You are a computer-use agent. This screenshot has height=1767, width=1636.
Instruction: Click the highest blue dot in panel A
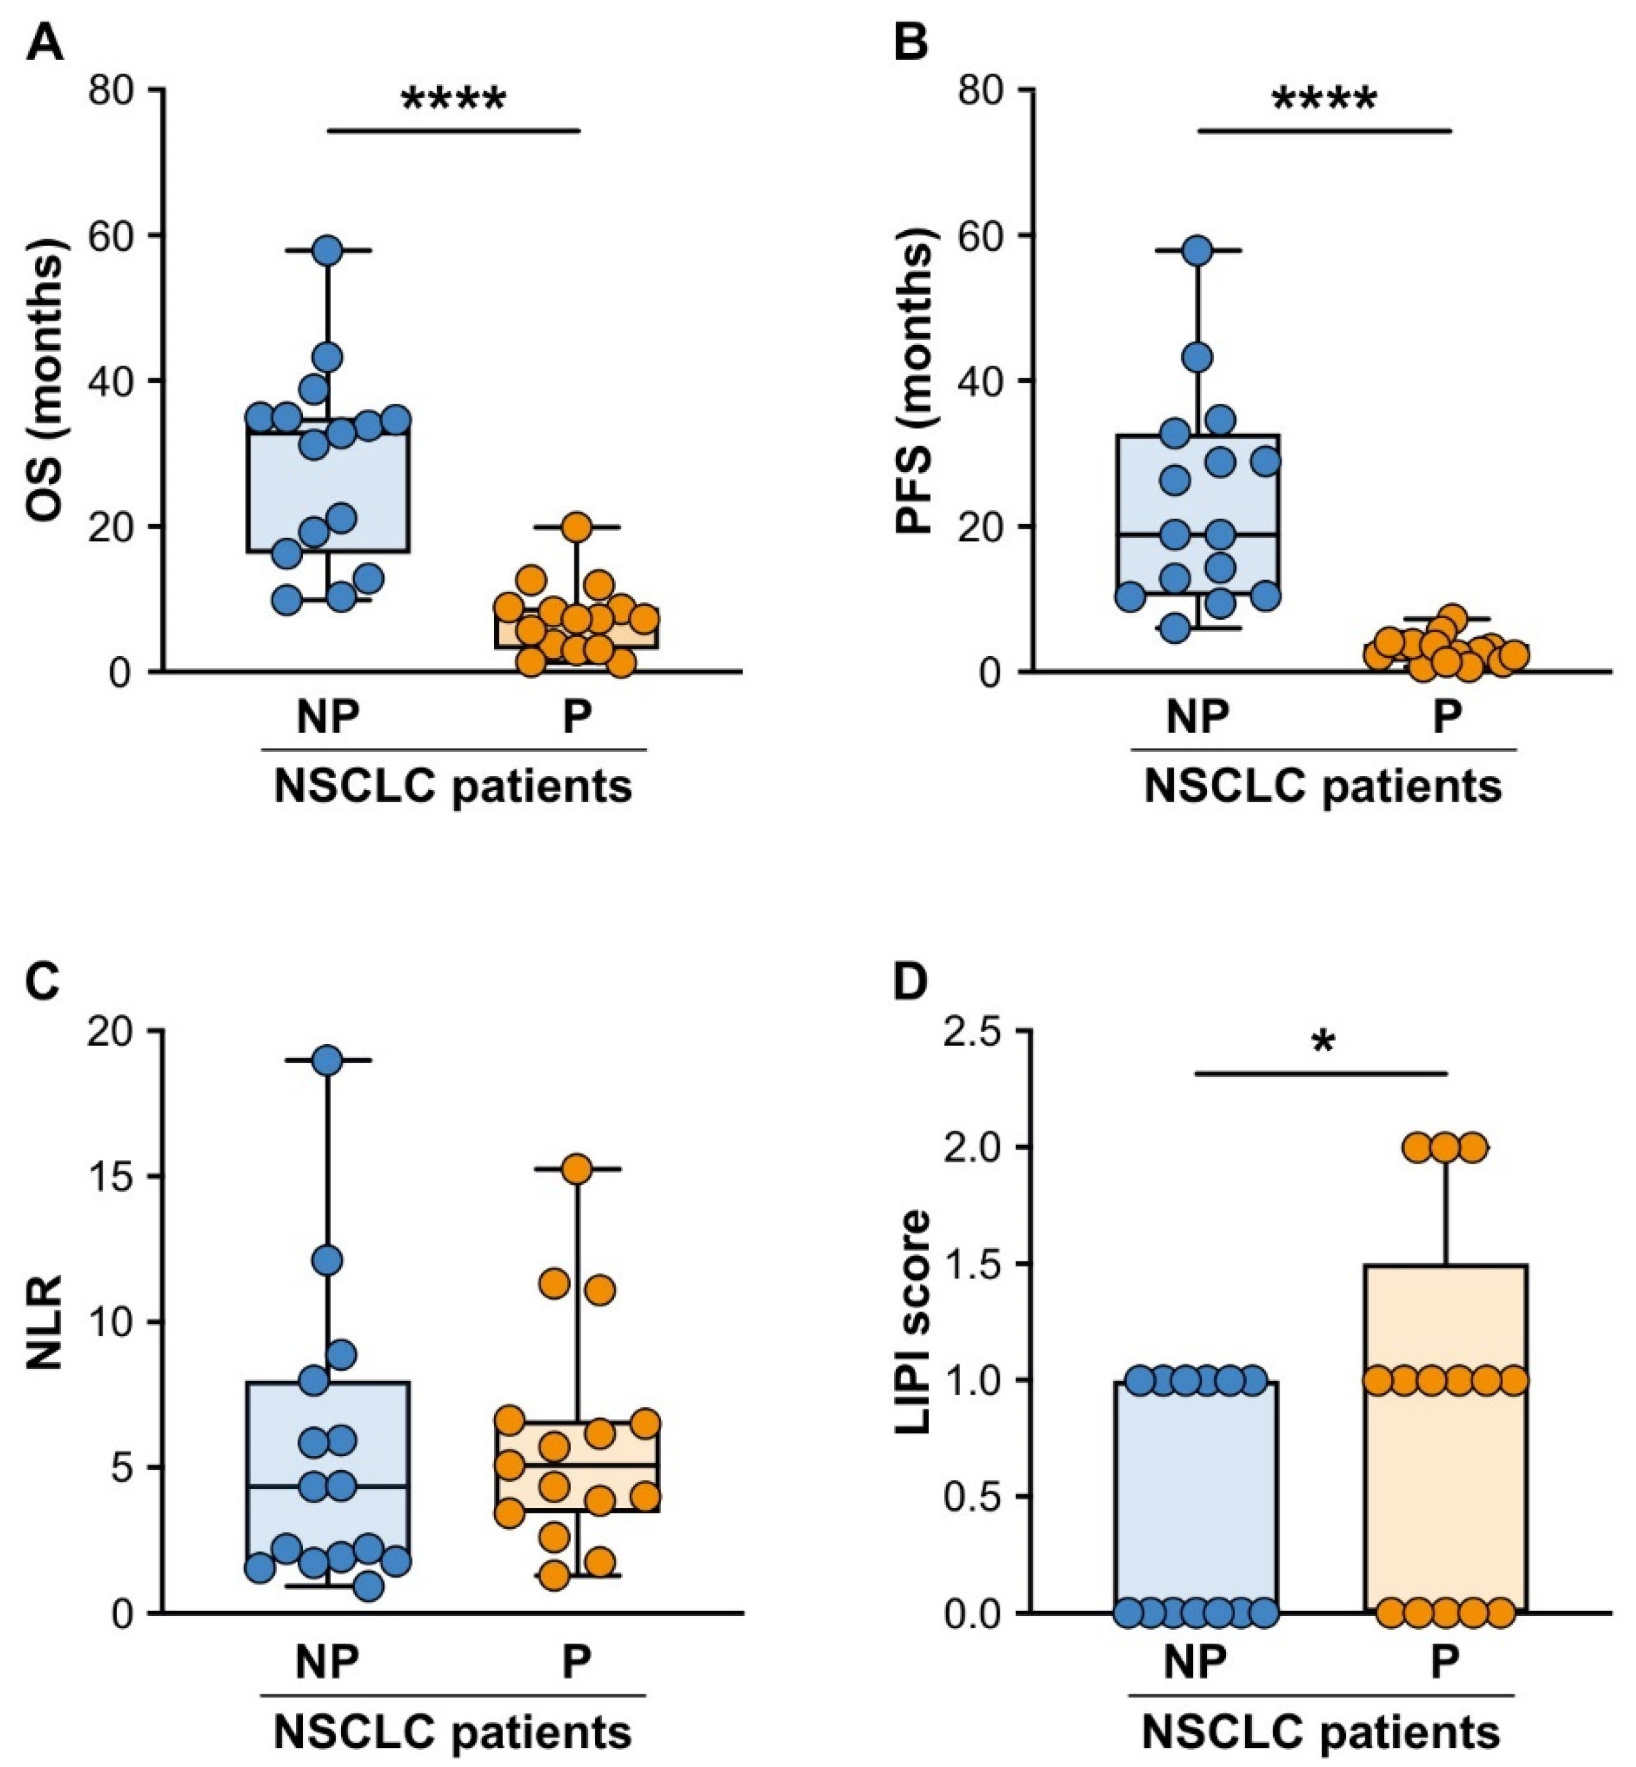328,251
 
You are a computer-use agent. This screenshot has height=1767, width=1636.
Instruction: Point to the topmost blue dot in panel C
328,1060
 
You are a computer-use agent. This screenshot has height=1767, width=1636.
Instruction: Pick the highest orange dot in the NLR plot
576,1169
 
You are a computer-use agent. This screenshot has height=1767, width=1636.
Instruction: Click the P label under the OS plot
576,719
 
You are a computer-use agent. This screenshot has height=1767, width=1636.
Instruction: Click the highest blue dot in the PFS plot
1198,251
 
